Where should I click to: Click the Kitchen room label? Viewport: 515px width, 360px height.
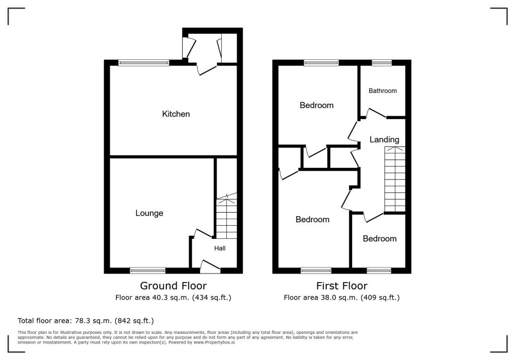pyautogui.click(x=176, y=114)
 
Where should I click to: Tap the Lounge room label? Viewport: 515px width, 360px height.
pyautogui.click(x=149, y=213)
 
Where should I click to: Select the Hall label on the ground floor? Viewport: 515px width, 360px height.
pyautogui.click(x=220, y=248)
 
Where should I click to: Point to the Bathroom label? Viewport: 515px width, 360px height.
pyautogui.click(x=383, y=91)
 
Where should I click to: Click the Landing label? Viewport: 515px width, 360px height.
pyautogui.click(x=384, y=140)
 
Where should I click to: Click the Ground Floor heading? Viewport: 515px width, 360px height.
pyautogui.click(x=173, y=286)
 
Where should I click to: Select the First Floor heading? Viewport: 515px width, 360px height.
pyautogui.click(x=341, y=286)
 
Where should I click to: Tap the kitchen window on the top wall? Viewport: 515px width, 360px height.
pyautogui.click(x=144, y=63)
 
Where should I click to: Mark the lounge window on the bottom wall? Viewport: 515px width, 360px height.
pyautogui.click(x=147, y=271)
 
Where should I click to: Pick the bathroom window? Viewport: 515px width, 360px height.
pyautogui.click(x=382, y=63)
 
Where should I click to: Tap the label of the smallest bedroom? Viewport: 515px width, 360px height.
pyautogui.click(x=380, y=239)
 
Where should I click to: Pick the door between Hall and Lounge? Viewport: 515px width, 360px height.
pyautogui.click(x=202, y=233)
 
